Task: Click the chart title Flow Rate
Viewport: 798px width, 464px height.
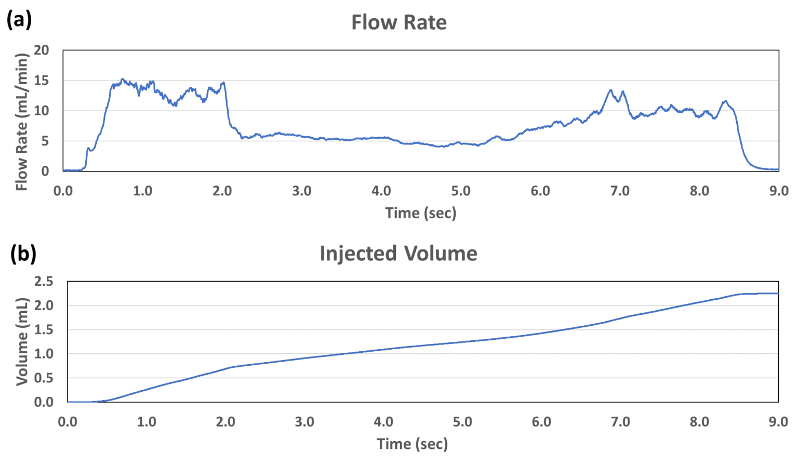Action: point(398,22)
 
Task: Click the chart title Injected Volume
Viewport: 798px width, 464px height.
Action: point(398,254)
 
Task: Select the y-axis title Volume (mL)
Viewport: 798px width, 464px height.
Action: point(21,341)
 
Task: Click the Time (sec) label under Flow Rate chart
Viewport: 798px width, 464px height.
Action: point(420,213)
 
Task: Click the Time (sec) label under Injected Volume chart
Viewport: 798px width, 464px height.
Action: point(412,444)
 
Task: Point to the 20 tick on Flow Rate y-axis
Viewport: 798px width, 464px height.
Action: point(41,50)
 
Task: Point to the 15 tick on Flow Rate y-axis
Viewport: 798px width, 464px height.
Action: point(41,81)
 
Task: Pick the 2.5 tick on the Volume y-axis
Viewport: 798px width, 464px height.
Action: point(44,282)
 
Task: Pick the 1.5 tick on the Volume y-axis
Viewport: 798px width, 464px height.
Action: point(44,330)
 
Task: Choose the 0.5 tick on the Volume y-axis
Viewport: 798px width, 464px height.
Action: point(44,378)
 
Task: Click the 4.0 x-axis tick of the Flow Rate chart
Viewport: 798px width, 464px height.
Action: point(381,191)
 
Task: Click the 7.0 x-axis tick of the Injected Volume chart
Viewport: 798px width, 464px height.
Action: point(620,421)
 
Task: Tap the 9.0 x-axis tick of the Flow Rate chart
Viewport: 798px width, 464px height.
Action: point(778,191)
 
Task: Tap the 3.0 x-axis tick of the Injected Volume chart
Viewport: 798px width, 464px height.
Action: point(304,421)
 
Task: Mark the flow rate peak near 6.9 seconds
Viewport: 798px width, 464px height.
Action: point(611,90)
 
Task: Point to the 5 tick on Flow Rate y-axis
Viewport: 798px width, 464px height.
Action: point(45,141)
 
